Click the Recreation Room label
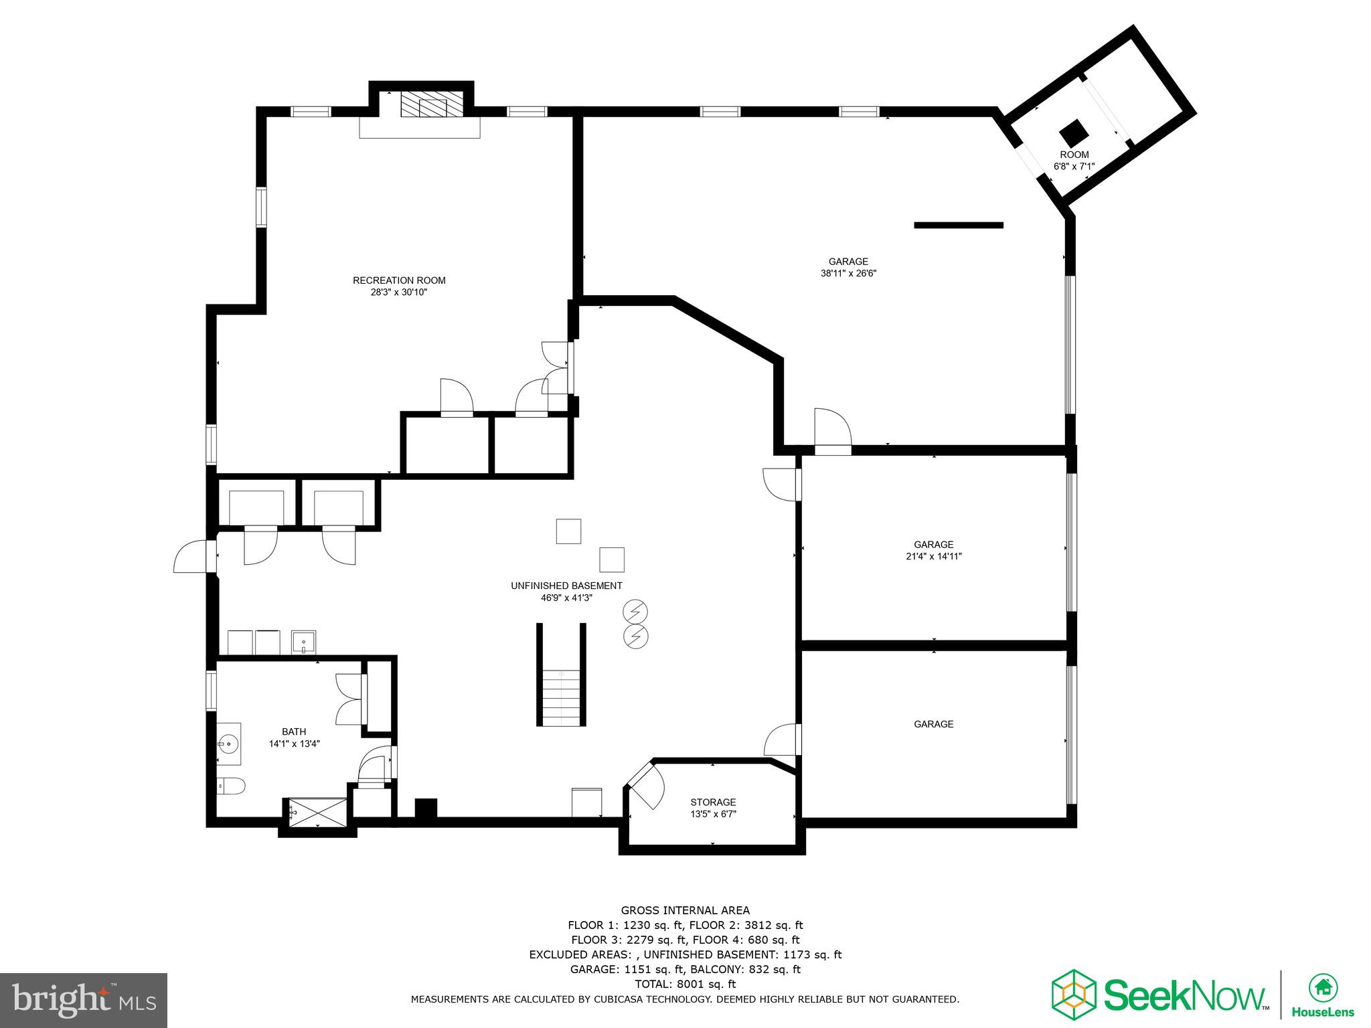(399, 280)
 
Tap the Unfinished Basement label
(566, 586)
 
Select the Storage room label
(713, 802)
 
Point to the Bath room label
(294, 732)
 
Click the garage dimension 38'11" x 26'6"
(848, 273)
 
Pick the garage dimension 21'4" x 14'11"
(933, 556)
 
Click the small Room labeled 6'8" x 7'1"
(1074, 160)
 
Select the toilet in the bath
(231, 785)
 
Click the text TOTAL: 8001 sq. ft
(685, 984)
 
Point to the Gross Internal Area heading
(685, 910)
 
